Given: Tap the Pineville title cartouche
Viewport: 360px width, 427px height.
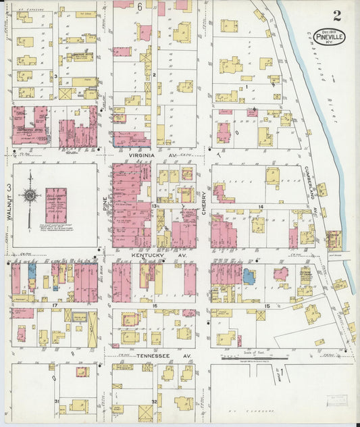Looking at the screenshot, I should pos(330,36).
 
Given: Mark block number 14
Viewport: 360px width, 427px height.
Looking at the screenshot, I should pos(259,205).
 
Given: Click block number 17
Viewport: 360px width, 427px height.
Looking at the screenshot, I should pos(53,306).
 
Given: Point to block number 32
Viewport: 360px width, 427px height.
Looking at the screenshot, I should pos(155,402).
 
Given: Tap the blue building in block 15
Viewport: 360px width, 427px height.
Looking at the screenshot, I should pos(249,276).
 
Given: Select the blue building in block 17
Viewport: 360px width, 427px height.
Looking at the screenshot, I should pos(32,274).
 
